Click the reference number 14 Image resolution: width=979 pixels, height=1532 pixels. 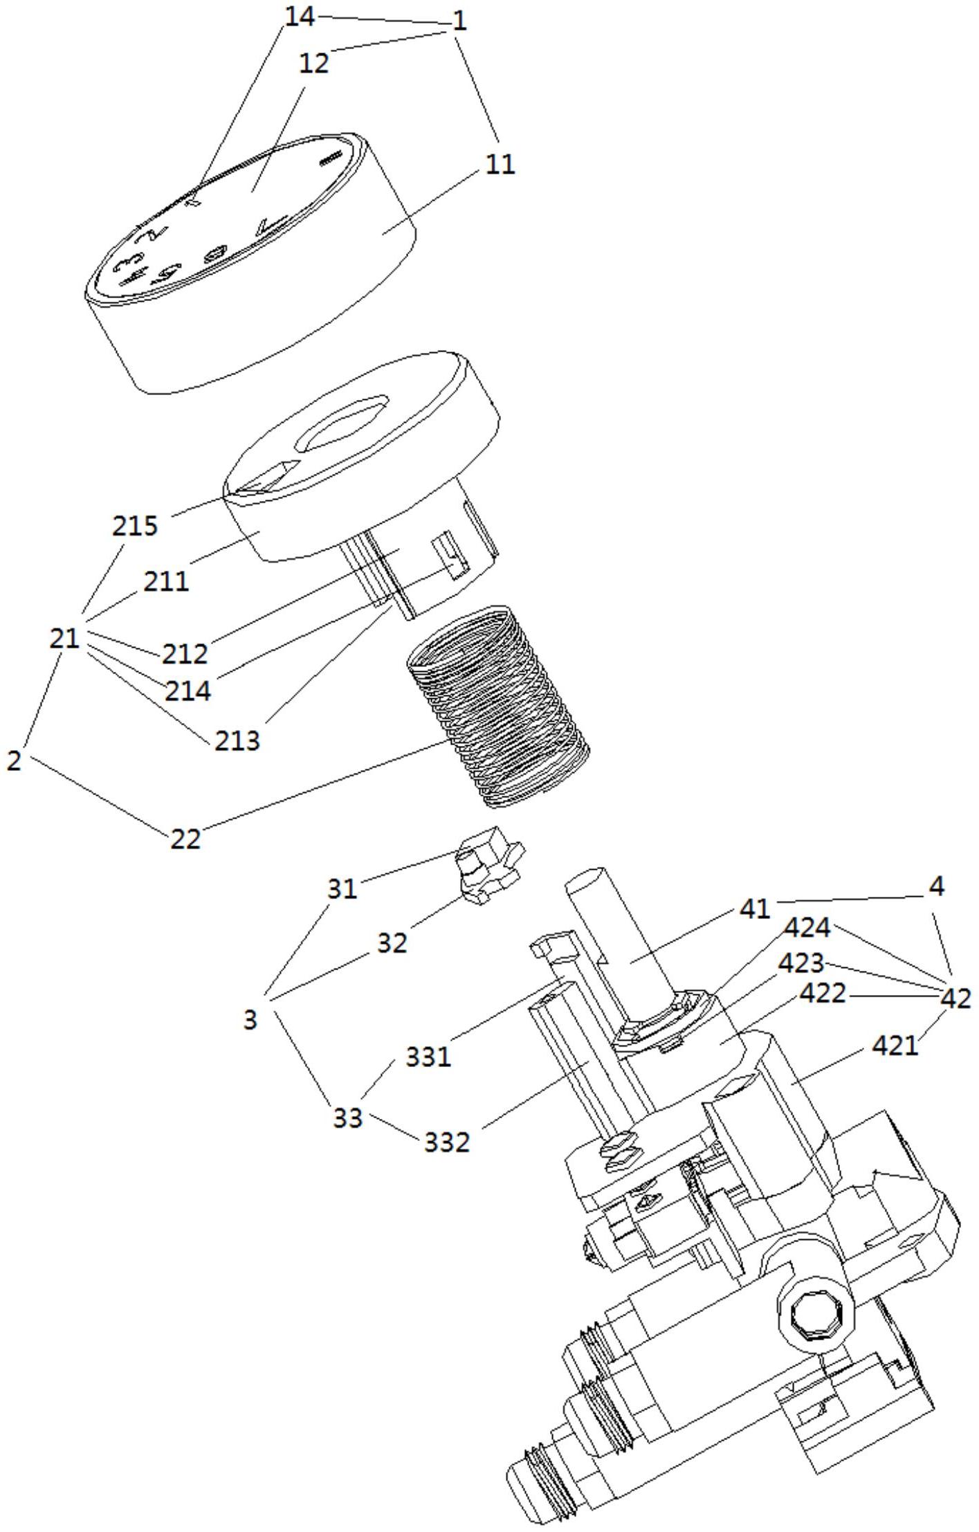click(x=300, y=17)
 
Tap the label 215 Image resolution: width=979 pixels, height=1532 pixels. click(x=135, y=526)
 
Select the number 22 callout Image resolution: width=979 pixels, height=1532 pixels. click(x=185, y=839)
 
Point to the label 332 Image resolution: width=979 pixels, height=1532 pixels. click(x=447, y=1141)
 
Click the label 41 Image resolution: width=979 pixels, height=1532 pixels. click(x=753, y=909)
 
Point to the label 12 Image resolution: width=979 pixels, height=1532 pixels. click(x=314, y=63)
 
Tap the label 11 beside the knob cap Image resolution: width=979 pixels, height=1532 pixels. click(x=500, y=164)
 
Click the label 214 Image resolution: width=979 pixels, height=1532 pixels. click(x=187, y=690)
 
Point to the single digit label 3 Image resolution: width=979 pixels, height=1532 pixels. click(x=250, y=1019)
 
